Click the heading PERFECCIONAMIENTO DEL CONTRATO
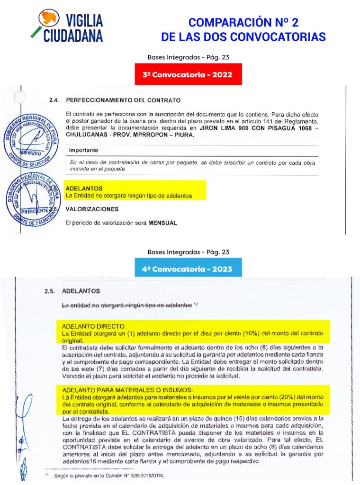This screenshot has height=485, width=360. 123,100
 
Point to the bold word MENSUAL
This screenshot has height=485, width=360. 162,223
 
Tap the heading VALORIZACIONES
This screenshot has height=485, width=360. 92,208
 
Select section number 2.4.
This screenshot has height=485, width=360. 54,100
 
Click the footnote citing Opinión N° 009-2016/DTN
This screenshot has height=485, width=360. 109,475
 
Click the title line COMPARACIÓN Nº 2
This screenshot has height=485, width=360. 243,22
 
